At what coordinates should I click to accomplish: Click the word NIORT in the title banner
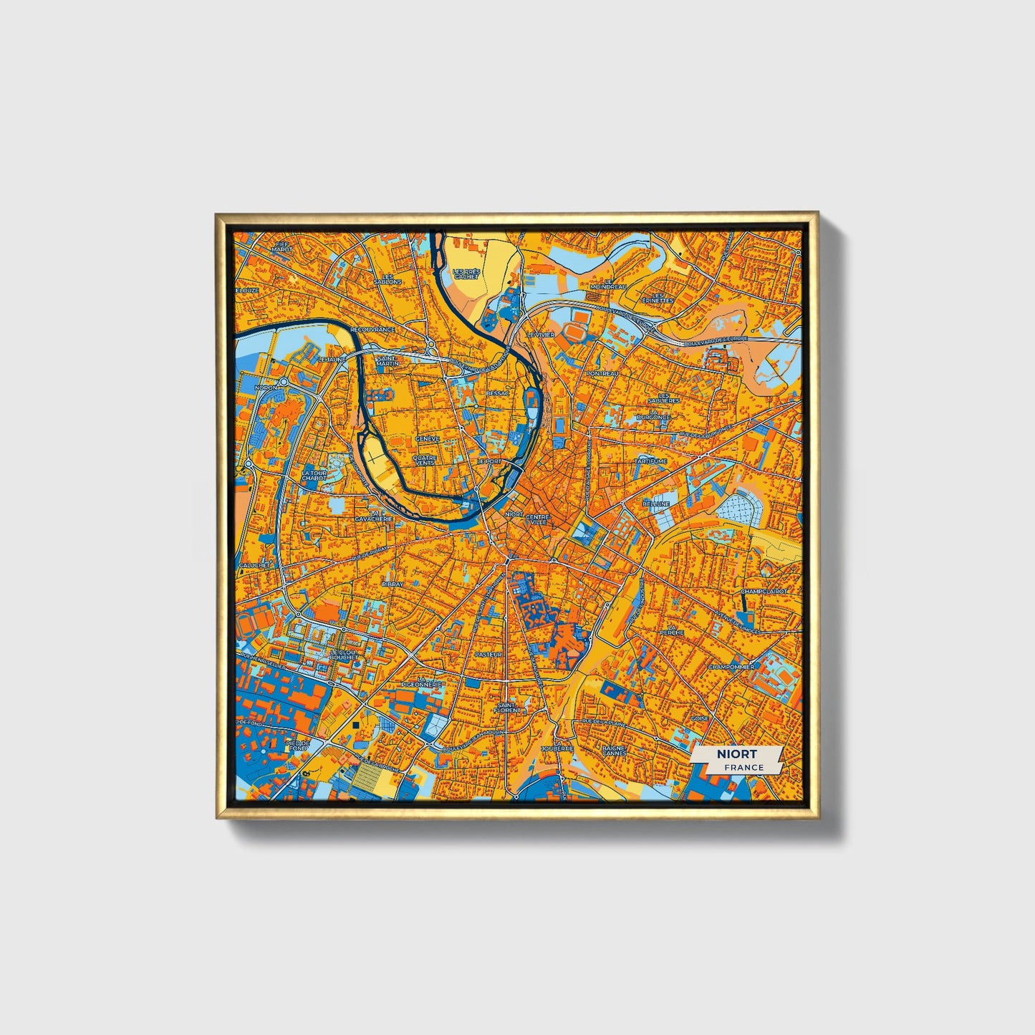(737, 754)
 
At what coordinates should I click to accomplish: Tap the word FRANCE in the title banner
(743, 767)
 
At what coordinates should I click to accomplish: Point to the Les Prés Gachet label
(466, 274)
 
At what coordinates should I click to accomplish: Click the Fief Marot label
(281, 246)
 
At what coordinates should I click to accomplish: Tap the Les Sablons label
(388, 279)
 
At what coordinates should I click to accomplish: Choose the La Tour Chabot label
(314, 476)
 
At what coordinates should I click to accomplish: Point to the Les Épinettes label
(658, 297)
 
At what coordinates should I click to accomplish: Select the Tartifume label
(650, 461)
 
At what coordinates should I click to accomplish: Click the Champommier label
(731, 667)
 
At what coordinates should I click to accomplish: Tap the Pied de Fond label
(297, 746)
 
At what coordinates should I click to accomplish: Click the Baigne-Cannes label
(615, 750)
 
